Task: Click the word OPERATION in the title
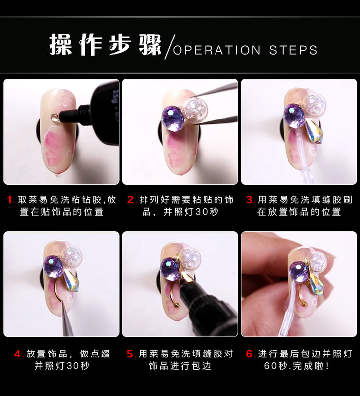[216, 50]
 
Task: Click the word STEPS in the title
[293, 50]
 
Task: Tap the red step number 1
[10, 200]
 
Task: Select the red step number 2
[132, 200]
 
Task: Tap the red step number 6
[250, 354]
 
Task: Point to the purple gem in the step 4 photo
[54, 267]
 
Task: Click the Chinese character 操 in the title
[61, 45]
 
